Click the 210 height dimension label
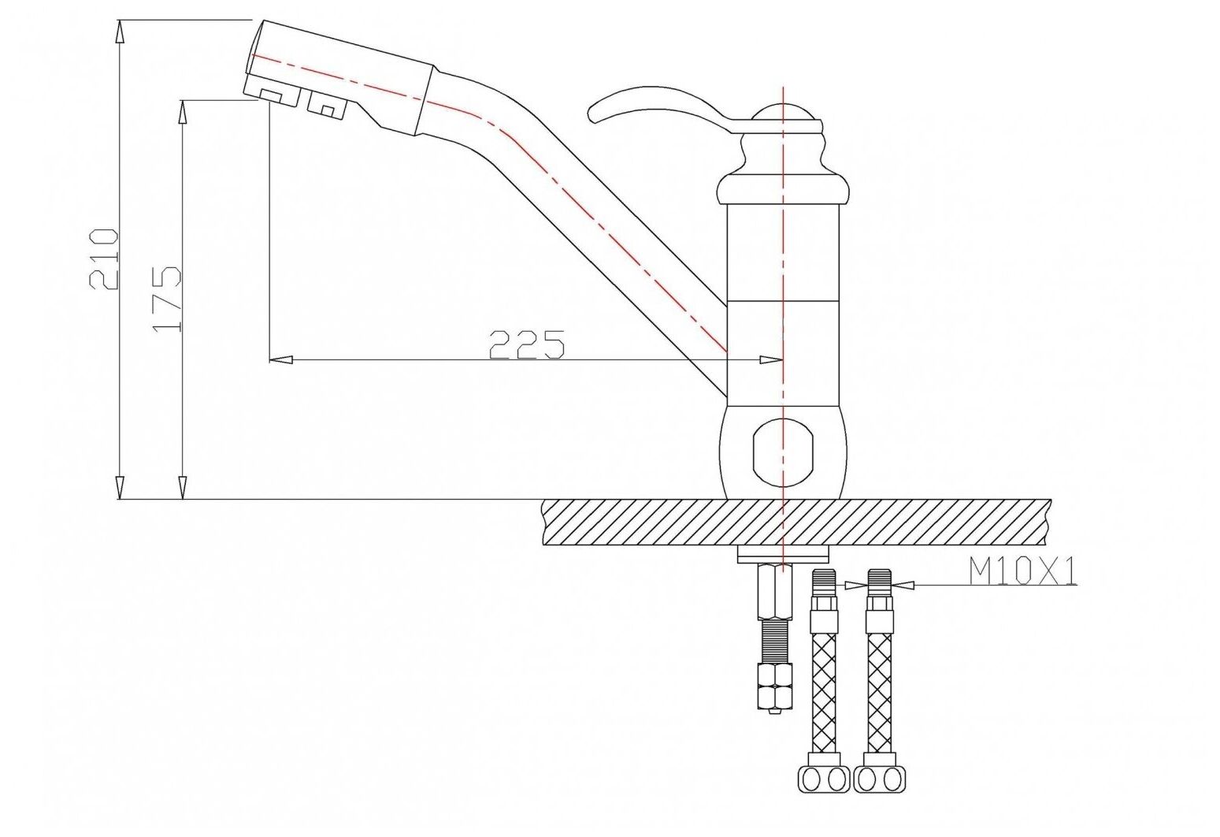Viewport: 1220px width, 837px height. [103, 259]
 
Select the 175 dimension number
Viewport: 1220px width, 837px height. [167, 299]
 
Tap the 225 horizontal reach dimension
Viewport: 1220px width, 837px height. [527, 345]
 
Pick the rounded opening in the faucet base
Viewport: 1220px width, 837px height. [782, 452]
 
